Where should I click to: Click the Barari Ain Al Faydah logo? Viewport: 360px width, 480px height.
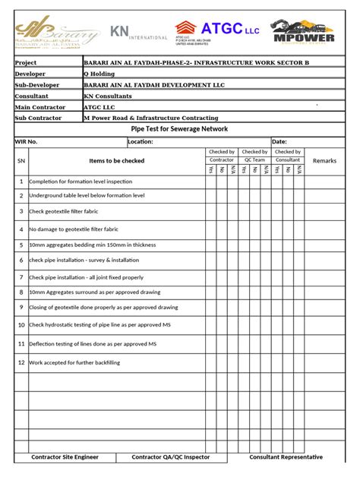pos(58,34)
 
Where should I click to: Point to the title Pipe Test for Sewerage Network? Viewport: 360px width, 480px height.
pos(179,129)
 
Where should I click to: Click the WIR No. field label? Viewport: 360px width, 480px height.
pos(27,142)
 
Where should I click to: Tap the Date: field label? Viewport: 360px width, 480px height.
pos(279,142)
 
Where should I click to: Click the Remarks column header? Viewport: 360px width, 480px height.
pos(324,161)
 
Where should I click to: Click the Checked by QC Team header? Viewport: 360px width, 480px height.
pos(254,156)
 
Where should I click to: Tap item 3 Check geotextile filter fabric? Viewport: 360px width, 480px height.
pos(64,210)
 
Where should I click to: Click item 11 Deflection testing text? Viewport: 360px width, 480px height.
pos(93,344)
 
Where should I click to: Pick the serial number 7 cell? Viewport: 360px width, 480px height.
pos(21,277)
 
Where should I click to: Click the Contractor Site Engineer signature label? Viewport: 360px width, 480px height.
pos(65,457)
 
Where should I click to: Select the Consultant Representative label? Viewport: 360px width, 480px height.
pos(286,457)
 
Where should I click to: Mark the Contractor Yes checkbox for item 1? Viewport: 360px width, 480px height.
pos(210,182)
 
